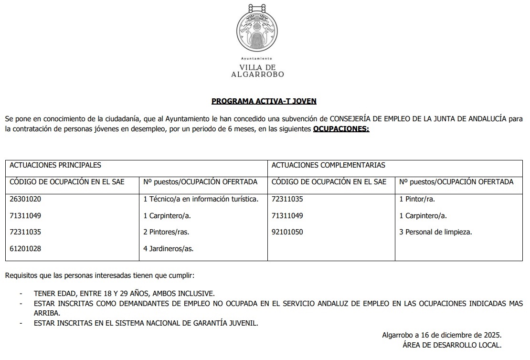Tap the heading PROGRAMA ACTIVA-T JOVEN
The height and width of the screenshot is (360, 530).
coord(264,101)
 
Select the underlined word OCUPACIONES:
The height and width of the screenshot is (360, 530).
coord(341,129)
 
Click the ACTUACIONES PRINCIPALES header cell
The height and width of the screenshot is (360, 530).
coord(55,165)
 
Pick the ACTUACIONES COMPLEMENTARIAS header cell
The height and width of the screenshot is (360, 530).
coord(328,165)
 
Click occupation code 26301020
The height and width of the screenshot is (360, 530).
coord(25,199)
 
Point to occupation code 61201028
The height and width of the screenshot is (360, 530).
coord(25,249)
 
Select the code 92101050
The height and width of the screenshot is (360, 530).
coord(287,232)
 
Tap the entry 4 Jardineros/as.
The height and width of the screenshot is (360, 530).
coord(168,249)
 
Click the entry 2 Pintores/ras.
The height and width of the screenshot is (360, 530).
coord(166,232)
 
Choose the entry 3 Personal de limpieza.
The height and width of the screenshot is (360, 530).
coord(435,232)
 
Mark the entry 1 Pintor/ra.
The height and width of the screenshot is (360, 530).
coord(417,199)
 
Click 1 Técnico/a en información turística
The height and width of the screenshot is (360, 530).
coord(201,199)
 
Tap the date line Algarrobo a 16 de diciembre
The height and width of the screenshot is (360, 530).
coord(442,336)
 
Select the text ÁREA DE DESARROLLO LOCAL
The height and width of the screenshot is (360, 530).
coord(452,345)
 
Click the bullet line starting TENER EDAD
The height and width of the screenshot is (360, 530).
coord(124,294)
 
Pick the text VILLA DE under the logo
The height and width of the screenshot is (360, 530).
coord(257,68)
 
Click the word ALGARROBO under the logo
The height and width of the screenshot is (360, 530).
coord(257,74)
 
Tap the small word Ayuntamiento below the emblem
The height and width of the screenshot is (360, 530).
coord(257,58)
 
